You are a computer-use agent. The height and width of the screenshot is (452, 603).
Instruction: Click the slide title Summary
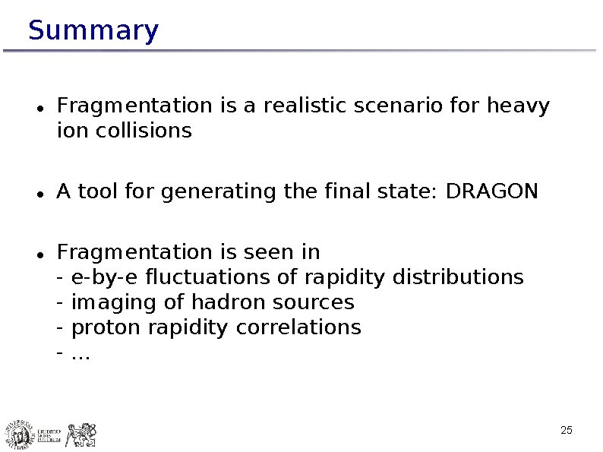93,31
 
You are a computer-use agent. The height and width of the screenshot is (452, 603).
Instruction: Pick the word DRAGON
491,191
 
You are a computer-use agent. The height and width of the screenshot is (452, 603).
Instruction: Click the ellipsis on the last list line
80,354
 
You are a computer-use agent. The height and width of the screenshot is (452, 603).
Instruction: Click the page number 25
566,431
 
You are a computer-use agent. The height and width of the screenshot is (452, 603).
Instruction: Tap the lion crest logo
81,435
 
